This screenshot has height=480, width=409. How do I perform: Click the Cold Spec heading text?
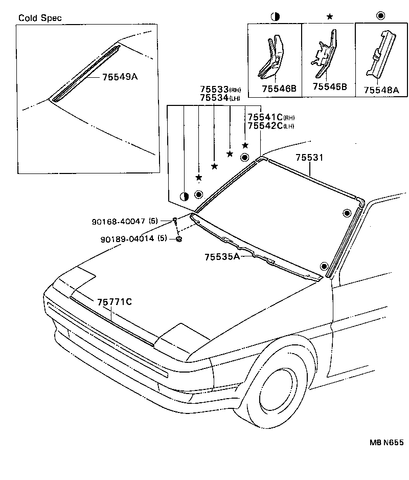40,18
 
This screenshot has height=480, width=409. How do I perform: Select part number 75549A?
120,77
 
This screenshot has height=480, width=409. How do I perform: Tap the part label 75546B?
279,89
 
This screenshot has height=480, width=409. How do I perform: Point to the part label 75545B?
330,87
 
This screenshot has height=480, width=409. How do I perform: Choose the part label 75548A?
381,90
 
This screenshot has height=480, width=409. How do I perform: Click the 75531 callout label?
309,159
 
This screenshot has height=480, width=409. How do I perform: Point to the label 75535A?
222,256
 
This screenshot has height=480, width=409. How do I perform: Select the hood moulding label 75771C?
115,302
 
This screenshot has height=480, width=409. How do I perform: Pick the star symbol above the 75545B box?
330,16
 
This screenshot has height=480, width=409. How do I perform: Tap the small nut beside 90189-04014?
179,239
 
